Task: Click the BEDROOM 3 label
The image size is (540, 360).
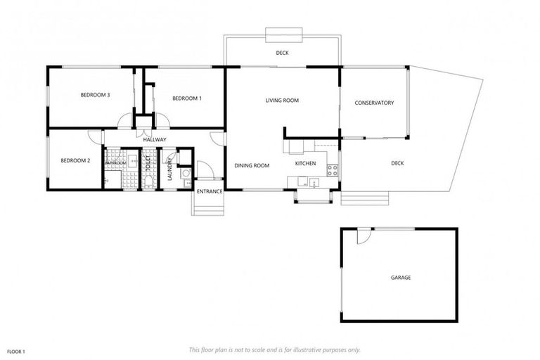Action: [x=95, y=95]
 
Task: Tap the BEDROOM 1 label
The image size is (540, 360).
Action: [x=187, y=98]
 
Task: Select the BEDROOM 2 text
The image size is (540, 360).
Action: [x=75, y=161]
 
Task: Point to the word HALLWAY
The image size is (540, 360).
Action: [x=154, y=139]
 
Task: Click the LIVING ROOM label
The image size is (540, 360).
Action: [x=282, y=101]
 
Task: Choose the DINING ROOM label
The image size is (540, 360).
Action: [x=252, y=166]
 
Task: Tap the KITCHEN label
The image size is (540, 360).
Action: [x=305, y=164]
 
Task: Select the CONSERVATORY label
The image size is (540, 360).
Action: [x=374, y=103]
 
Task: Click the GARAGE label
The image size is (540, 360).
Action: [x=401, y=278]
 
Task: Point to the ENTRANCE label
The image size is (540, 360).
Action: [x=210, y=191]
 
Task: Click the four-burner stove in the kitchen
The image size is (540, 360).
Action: [x=333, y=169]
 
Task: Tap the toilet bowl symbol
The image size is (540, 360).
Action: [x=148, y=182]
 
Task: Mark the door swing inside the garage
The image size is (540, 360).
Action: [x=361, y=238]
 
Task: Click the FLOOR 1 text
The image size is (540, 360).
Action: [x=16, y=350]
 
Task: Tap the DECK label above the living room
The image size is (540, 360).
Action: [x=281, y=53]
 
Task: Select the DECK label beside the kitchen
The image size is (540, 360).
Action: [x=397, y=164]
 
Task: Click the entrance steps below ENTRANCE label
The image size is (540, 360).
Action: [x=208, y=205]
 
